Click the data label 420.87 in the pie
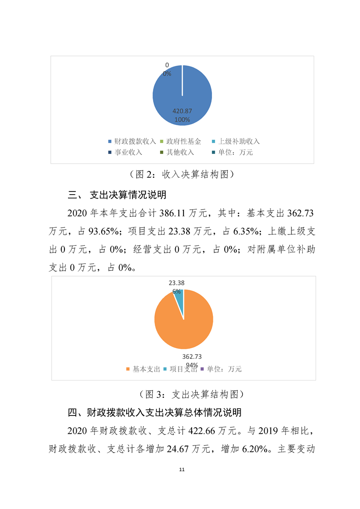pyautogui.click(x=182, y=111)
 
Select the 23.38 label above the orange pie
pyautogui.click(x=177, y=283)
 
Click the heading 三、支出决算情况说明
pyautogui.click(x=117, y=196)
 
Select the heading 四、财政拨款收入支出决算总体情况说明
pyautogui.click(x=154, y=413)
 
